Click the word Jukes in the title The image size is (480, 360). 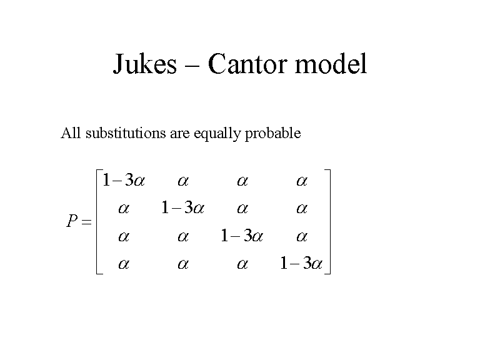point(145,64)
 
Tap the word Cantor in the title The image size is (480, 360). point(248,63)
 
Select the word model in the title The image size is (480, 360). point(331,63)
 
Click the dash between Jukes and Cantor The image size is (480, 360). point(192,65)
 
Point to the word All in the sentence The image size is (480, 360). point(71,133)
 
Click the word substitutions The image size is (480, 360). point(126,133)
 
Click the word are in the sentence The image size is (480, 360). point(180,135)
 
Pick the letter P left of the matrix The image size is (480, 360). point(72,221)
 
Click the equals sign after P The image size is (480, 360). point(86,222)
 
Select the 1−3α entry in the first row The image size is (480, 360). point(124,180)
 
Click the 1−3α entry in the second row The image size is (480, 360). point(182,208)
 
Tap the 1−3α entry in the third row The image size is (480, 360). point(242,236)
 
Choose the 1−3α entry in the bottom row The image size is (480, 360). point(301,263)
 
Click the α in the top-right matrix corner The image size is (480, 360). point(302,181)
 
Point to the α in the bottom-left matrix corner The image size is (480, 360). point(124,264)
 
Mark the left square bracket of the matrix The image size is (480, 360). point(99,222)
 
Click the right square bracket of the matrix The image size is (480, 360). point(327,222)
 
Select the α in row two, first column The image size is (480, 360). point(124,209)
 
